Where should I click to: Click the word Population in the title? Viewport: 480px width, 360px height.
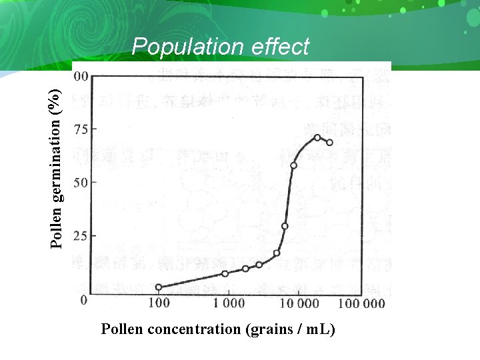pyautogui.click(x=189, y=47)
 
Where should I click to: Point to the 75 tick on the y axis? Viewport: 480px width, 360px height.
pyautogui.click(x=81, y=129)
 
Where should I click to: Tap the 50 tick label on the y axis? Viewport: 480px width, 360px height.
pyautogui.click(x=81, y=182)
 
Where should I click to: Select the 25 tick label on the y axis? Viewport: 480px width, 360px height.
pyautogui.click(x=81, y=235)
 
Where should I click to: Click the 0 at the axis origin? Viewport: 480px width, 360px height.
pyautogui.click(x=84, y=300)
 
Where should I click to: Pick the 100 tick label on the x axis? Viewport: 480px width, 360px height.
pyautogui.click(x=158, y=303)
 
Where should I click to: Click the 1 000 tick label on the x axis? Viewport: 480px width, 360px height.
pyautogui.click(x=229, y=303)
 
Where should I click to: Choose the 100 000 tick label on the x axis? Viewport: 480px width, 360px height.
pyautogui.click(x=363, y=303)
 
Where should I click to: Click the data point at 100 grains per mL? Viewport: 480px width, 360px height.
pyautogui.click(x=159, y=287)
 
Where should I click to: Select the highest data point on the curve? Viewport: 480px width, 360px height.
pyautogui.click(x=317, y=138)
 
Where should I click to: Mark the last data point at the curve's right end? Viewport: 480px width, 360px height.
pyautogui.click(x=329, y=143)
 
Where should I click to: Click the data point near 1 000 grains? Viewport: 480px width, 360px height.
pyautogui.click(x=225, y=273)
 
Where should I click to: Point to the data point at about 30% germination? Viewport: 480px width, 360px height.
pyautogui.click(x=285, y=226)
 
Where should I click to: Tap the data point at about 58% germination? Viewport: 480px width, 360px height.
pyautogui.click(x=293, y=165)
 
